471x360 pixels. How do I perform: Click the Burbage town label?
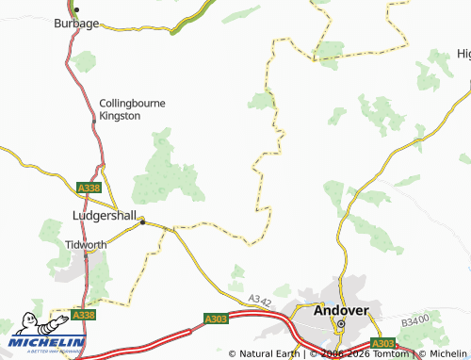(76, 23)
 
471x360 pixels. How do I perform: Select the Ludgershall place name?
(106, 215)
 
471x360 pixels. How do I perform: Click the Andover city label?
(342, 310)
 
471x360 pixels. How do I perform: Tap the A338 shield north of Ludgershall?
(89, 188)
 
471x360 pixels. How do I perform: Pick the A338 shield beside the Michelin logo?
(84, 315)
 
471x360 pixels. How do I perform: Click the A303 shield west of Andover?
(216, 320)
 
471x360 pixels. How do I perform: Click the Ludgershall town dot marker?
(142, 222)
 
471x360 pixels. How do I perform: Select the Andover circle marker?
(342, 325)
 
